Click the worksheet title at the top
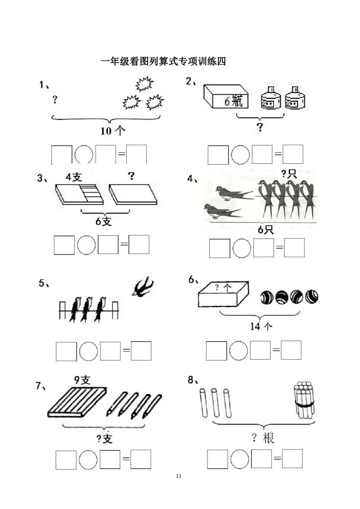[163, 61]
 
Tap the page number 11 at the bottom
[178, 476]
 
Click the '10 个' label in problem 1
[112, 131]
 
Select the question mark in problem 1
[55, 99]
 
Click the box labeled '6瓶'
[226, 96]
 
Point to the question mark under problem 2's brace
[260, 127]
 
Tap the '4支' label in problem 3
[74, 177]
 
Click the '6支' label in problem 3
[103, 221]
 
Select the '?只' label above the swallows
[289, 174]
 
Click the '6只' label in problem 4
[266, 230]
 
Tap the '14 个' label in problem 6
[261, 326]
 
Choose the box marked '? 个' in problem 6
[224, 294]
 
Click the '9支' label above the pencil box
[82, 380]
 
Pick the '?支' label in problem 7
[104, 439]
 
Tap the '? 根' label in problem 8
[263, 438]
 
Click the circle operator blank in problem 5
[88, 351]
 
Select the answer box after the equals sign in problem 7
[141, 459]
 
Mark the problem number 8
[193, 380]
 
